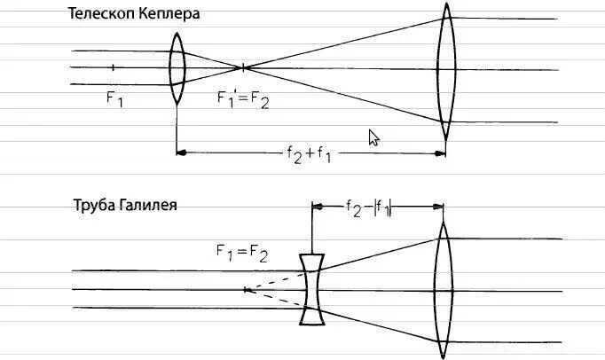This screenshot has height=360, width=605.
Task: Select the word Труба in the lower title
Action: pos(91,206)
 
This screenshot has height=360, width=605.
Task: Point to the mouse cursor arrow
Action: pos(374,137)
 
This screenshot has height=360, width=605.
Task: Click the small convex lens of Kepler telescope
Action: pos(177,67)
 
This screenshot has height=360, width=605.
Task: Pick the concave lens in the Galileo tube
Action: pos(311,289)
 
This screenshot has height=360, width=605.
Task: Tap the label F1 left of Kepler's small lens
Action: pos(114,99)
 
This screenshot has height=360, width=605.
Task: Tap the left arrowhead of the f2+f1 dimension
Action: pos(182,153)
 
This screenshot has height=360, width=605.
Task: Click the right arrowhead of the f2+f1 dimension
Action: pos(441,153)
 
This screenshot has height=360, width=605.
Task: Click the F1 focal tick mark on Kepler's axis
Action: pos(113,67)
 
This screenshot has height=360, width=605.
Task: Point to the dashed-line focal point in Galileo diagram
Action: pos(245,289)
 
